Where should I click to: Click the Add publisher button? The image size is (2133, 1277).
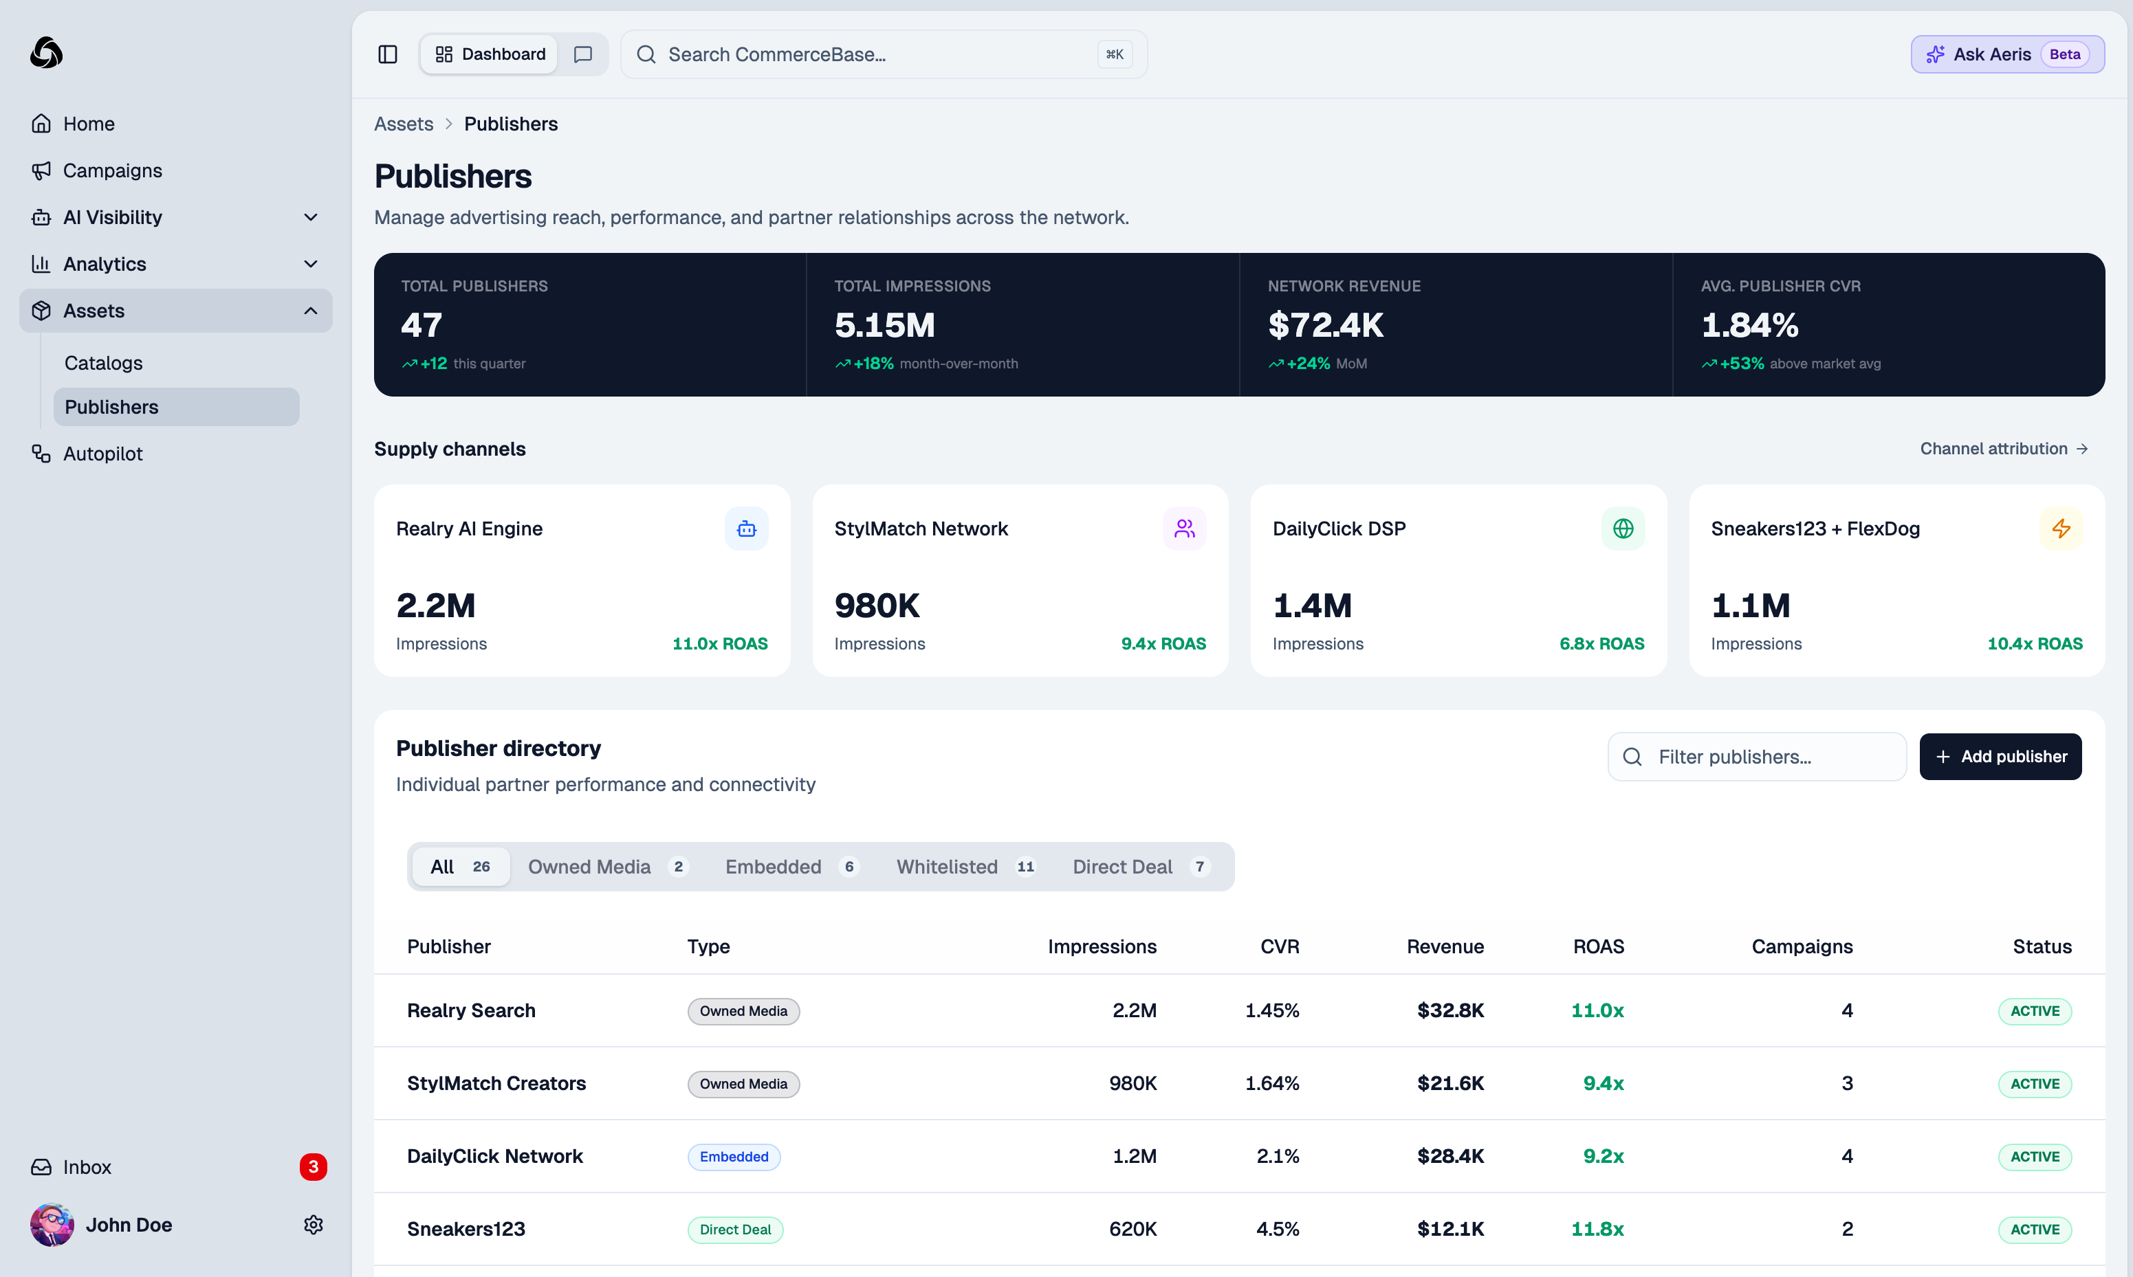point(2000,757)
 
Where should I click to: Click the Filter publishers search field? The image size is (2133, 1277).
point(1756,757)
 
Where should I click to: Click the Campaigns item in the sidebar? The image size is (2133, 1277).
point(112,170)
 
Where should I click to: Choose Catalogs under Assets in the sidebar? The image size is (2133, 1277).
point(103,362)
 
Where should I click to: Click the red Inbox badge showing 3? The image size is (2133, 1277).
point(312,1167)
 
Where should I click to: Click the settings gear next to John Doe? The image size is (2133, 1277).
point(314,1225)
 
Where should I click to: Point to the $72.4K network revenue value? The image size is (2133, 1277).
point(1325,325)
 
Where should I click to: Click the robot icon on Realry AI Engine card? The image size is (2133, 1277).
point(746,529)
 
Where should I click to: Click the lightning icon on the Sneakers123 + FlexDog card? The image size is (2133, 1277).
point(2061,529)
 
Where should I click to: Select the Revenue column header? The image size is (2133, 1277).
point(1445,946)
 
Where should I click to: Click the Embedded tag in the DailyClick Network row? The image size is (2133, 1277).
point(734,1157)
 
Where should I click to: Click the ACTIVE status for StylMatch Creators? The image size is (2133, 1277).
point(2034,1083)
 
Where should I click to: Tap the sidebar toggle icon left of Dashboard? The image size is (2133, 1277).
point(387,54)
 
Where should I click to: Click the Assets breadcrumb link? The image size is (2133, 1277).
point(404,124)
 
